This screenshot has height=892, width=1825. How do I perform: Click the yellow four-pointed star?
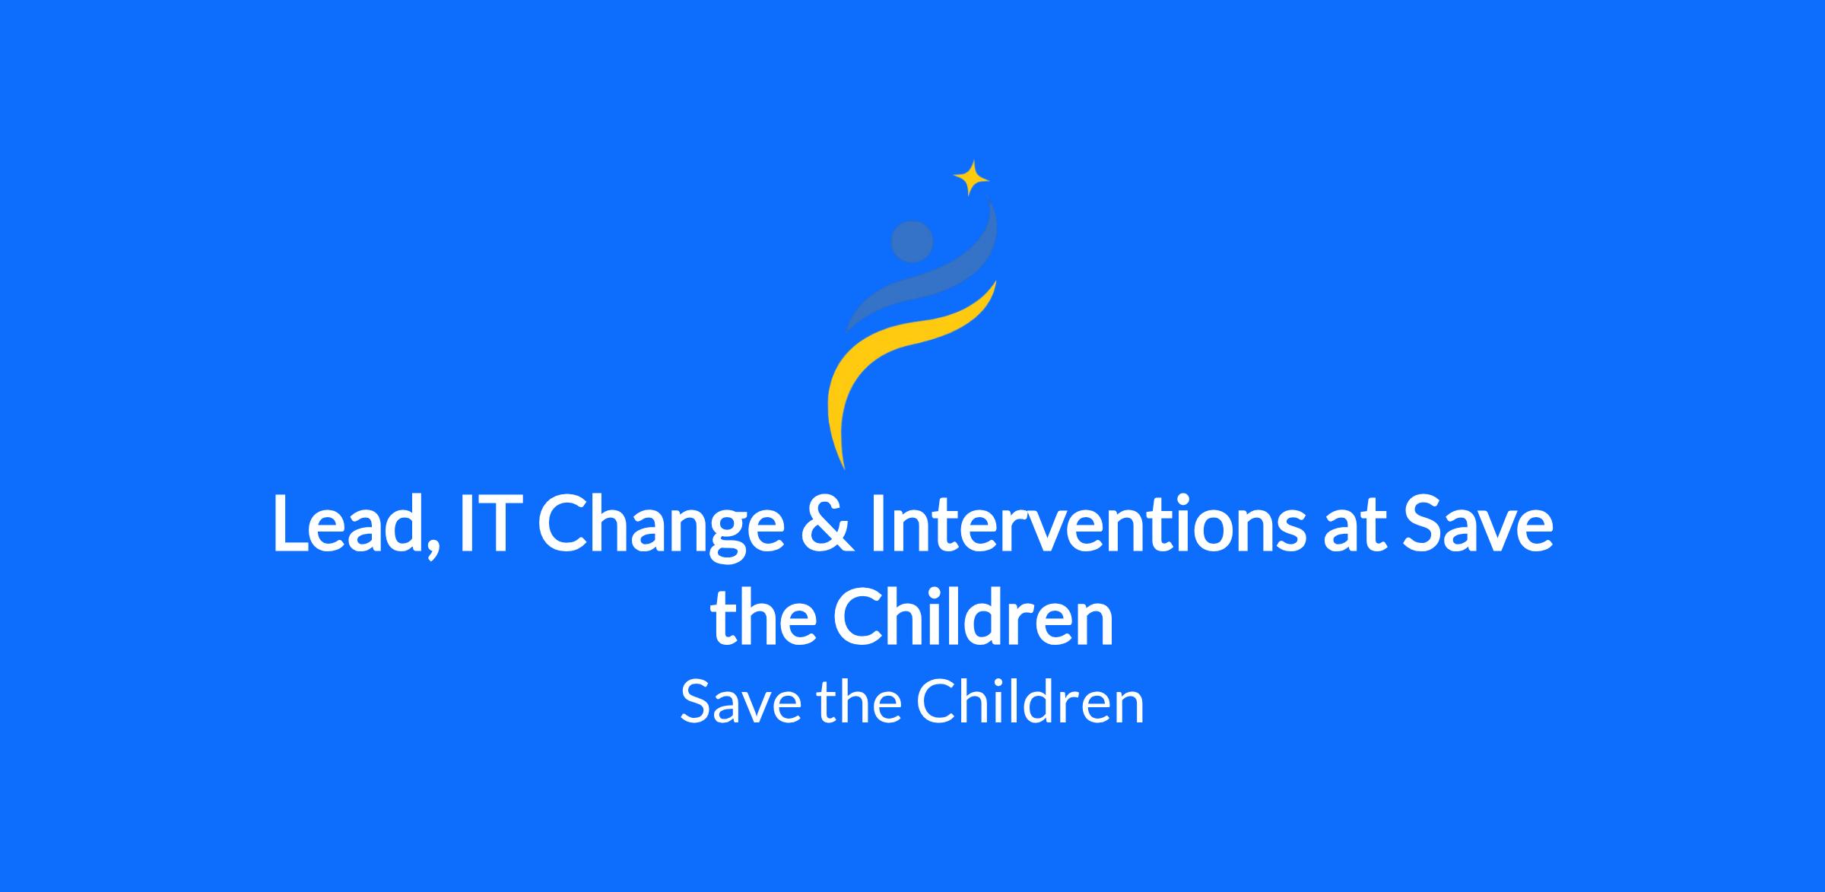click(971, 179)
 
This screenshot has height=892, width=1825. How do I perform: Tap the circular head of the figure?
click(912, 241)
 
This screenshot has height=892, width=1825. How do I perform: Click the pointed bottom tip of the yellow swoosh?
click(843, 468)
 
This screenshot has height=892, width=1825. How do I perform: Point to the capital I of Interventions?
click(880, 525)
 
